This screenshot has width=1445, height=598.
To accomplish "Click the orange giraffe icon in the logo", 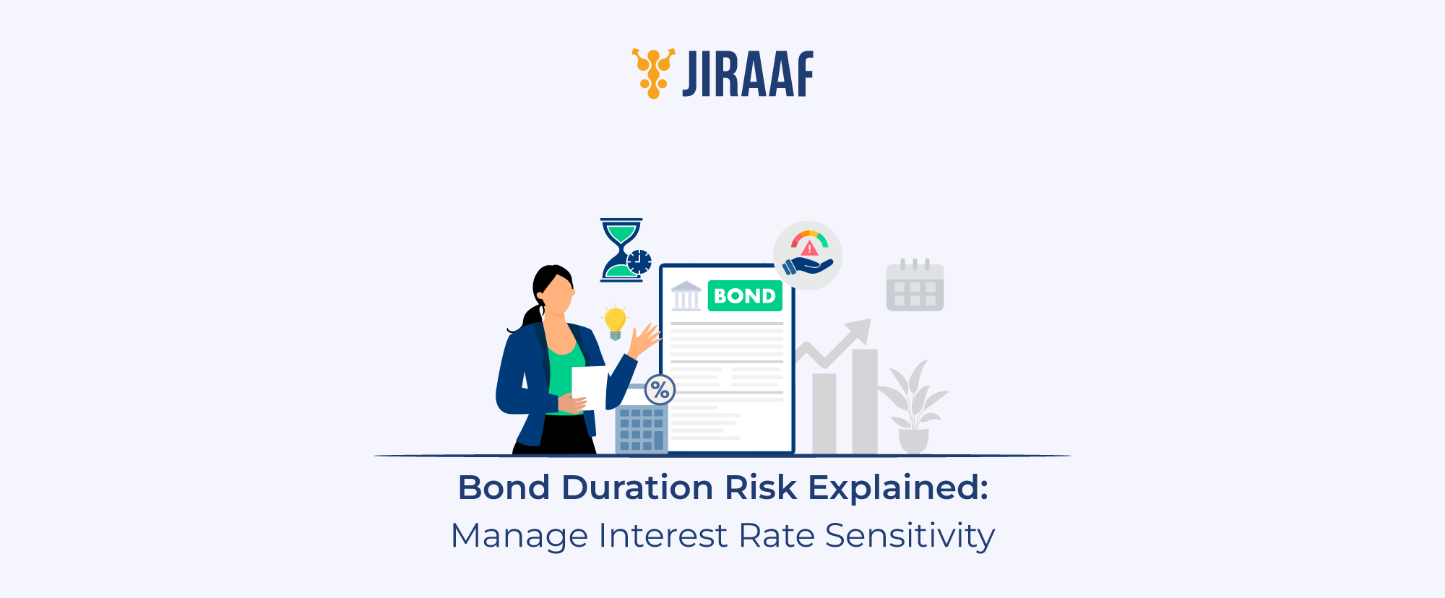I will coord(653,73).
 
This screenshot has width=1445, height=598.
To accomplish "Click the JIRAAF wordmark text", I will coord(748,74).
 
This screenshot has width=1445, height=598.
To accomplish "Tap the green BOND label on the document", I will coord(744,296).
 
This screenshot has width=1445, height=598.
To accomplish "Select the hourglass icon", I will coord(620,249).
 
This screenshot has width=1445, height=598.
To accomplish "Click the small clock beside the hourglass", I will coord(639,261).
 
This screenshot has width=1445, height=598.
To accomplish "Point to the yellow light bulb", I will coord(615,321).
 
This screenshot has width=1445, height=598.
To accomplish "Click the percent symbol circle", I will coord(660,390).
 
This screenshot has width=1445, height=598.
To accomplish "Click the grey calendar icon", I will coord(915,286).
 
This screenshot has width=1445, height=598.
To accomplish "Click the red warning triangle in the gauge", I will coord(810,248).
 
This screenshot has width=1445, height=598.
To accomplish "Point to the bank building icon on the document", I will coord(686,296).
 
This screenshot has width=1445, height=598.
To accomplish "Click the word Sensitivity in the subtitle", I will coord(910,536).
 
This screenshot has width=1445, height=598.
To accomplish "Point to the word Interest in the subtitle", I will coord(663,536).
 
